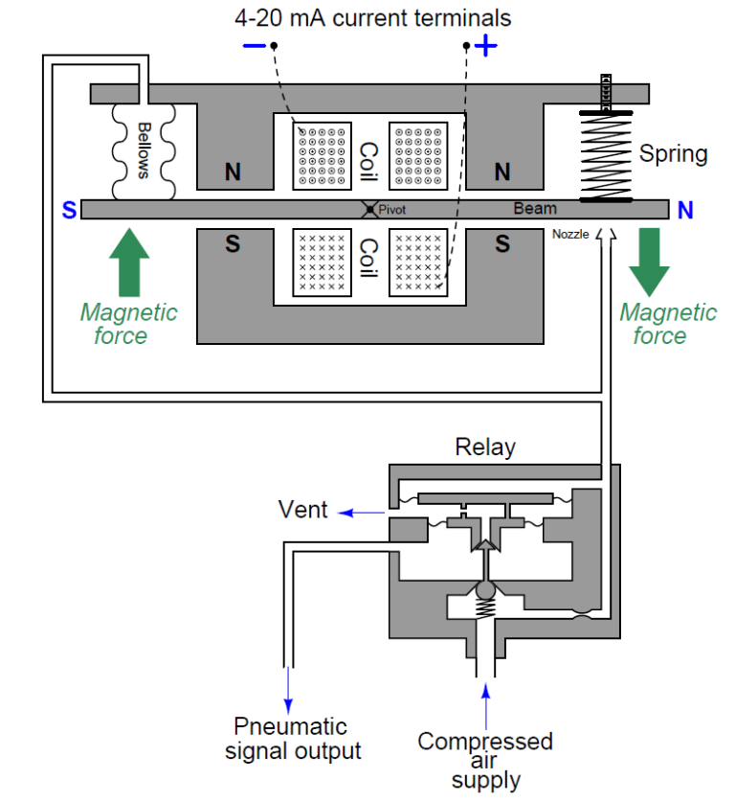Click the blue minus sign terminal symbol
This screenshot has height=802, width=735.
(254, 46)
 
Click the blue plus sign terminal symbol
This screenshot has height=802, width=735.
(486, 46)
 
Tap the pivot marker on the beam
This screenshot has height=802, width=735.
(369, 209)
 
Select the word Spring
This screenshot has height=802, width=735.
(673, 153)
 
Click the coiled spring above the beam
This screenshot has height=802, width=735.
(607, 156)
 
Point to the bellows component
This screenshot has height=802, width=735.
(144, 149)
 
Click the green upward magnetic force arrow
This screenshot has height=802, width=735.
(129, 263)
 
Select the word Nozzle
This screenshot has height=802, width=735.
(570, 234)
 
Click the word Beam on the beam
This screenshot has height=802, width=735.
(534, 208)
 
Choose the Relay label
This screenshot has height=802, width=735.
(484, 447)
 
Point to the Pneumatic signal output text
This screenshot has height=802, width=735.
(293, 738)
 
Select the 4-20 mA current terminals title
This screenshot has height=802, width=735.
(373, 17)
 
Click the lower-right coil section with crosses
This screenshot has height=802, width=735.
(417, 261)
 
